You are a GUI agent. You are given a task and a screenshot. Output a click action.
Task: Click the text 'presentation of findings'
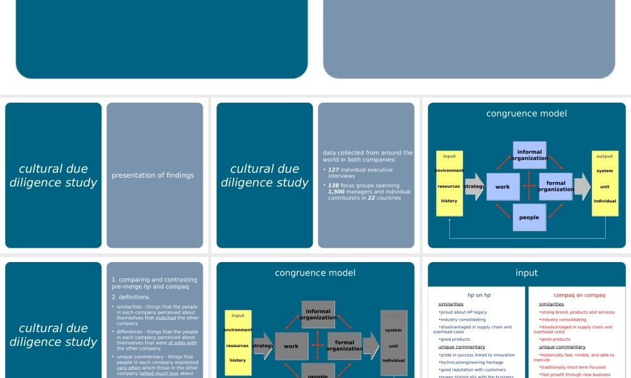point(153,175)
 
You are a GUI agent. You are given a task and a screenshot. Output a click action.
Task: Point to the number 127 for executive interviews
point(334,170)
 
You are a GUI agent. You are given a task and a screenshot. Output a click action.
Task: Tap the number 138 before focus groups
point(334,186)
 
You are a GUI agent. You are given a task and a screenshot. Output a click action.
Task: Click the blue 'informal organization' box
point(529,155)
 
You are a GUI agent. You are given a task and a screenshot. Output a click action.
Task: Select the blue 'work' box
point(502,187)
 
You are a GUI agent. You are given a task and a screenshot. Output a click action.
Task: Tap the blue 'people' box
point(529,217)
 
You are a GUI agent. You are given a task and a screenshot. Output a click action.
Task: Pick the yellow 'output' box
point(604,183)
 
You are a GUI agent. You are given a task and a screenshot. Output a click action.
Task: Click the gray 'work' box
point(291,346)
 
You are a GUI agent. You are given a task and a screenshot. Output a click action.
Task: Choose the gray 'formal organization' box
point(344,346)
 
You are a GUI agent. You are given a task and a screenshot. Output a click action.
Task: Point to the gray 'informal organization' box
point(318,314)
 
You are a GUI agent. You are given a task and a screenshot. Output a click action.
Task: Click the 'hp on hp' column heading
point(478,295)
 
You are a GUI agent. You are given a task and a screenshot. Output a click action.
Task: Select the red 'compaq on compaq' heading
point(579,295)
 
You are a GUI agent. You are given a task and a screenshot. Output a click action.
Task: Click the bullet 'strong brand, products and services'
point(577,312)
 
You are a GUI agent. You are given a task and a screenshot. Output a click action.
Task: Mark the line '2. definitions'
point(130,297)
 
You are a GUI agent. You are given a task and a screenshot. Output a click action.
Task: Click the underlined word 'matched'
point(166,318)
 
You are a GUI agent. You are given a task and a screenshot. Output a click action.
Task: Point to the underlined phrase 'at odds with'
point(182,343)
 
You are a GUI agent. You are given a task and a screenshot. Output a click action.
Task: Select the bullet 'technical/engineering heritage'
point(472,362)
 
